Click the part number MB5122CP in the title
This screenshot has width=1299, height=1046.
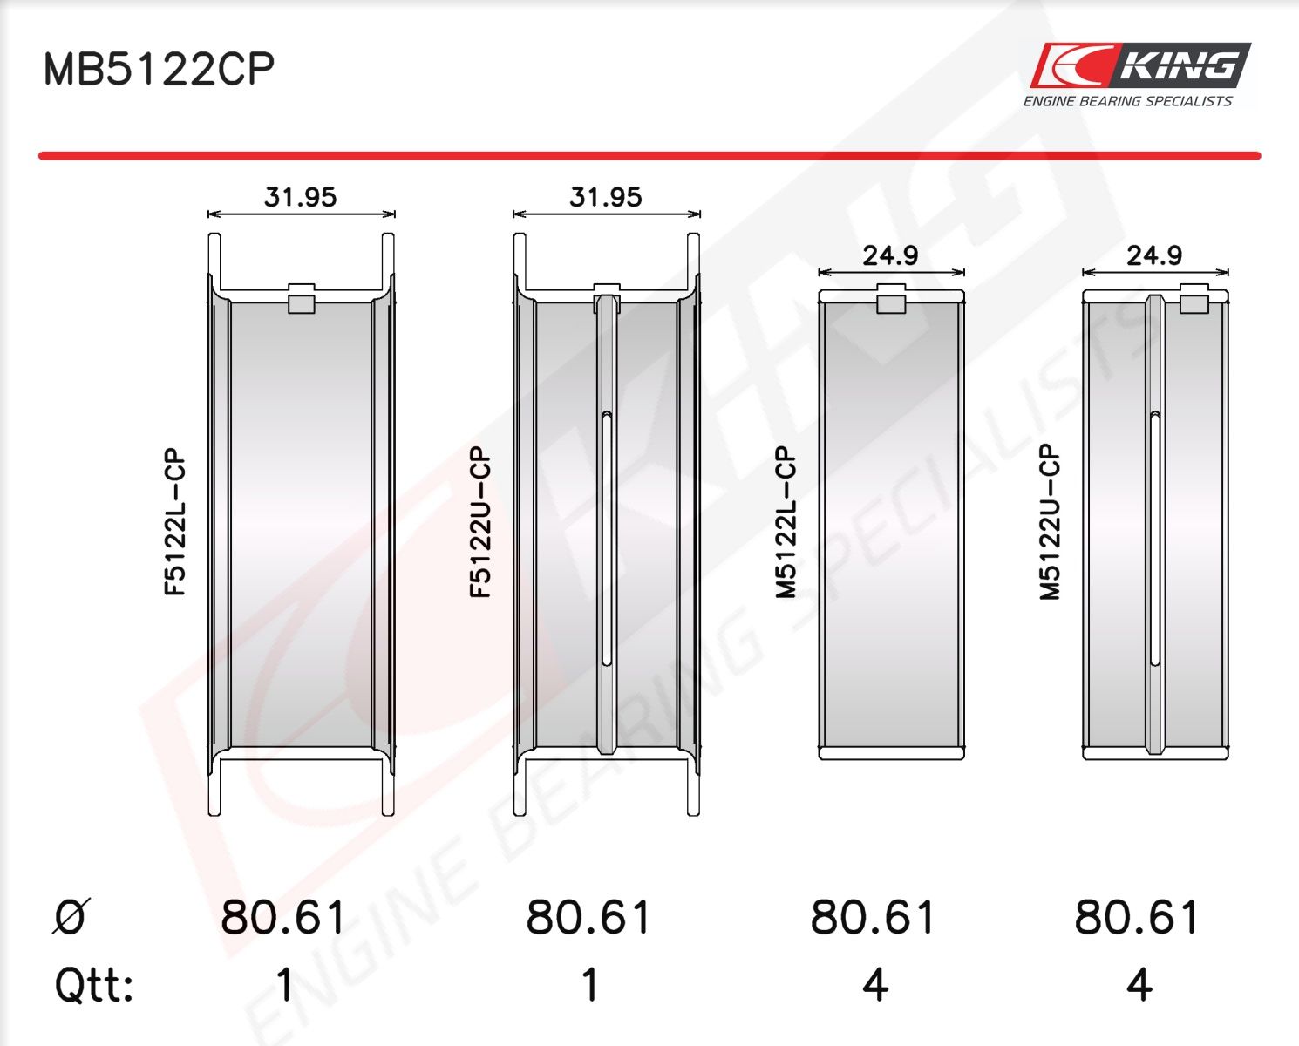point(159,68)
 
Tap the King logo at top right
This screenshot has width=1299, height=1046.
point(1139,65)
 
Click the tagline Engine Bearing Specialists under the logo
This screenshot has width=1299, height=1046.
point(1127,101)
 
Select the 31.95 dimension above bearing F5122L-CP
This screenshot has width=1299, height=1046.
point(300,197)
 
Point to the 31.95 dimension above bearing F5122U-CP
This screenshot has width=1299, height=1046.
point(605,197)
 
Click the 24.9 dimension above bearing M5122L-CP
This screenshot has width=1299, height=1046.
point(890,256)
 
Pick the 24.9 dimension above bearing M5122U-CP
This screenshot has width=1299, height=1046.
point(1154,256)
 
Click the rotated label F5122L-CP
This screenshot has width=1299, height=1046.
point(174,521)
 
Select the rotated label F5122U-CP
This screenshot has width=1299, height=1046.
point(480,521)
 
